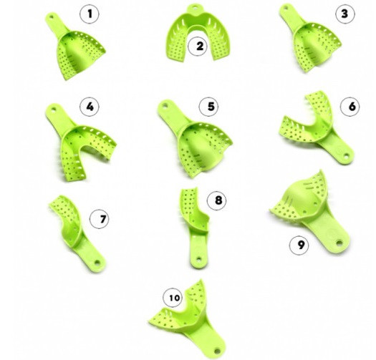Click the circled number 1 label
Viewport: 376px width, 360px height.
pos(90,14)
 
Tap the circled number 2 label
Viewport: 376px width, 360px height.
pos(198,46)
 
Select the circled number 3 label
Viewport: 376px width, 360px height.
pos(345,14)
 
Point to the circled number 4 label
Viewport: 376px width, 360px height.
pos(90,107)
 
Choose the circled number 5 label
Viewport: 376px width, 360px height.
pos(209,107)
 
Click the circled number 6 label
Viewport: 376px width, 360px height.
pos(350,107)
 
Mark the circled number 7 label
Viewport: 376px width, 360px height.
pos(100,219)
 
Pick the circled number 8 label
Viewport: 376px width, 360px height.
pos(217,200)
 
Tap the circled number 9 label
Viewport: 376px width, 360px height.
pos(299,245)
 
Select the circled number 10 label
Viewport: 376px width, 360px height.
pos(173,298)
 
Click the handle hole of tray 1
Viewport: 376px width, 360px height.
pos(51,17)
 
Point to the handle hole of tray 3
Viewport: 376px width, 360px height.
pos(286,8)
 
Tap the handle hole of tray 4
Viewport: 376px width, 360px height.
pos(53,109)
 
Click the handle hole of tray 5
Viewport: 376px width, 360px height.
pos(165,105)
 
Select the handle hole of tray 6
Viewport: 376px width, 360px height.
pos(346,156)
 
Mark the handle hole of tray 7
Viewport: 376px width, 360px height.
pos(97,263)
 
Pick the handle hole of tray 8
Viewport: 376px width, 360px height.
pos(198,259)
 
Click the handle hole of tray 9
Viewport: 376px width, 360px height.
pos(339,243)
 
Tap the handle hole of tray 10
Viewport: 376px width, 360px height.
pos(217,351)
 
